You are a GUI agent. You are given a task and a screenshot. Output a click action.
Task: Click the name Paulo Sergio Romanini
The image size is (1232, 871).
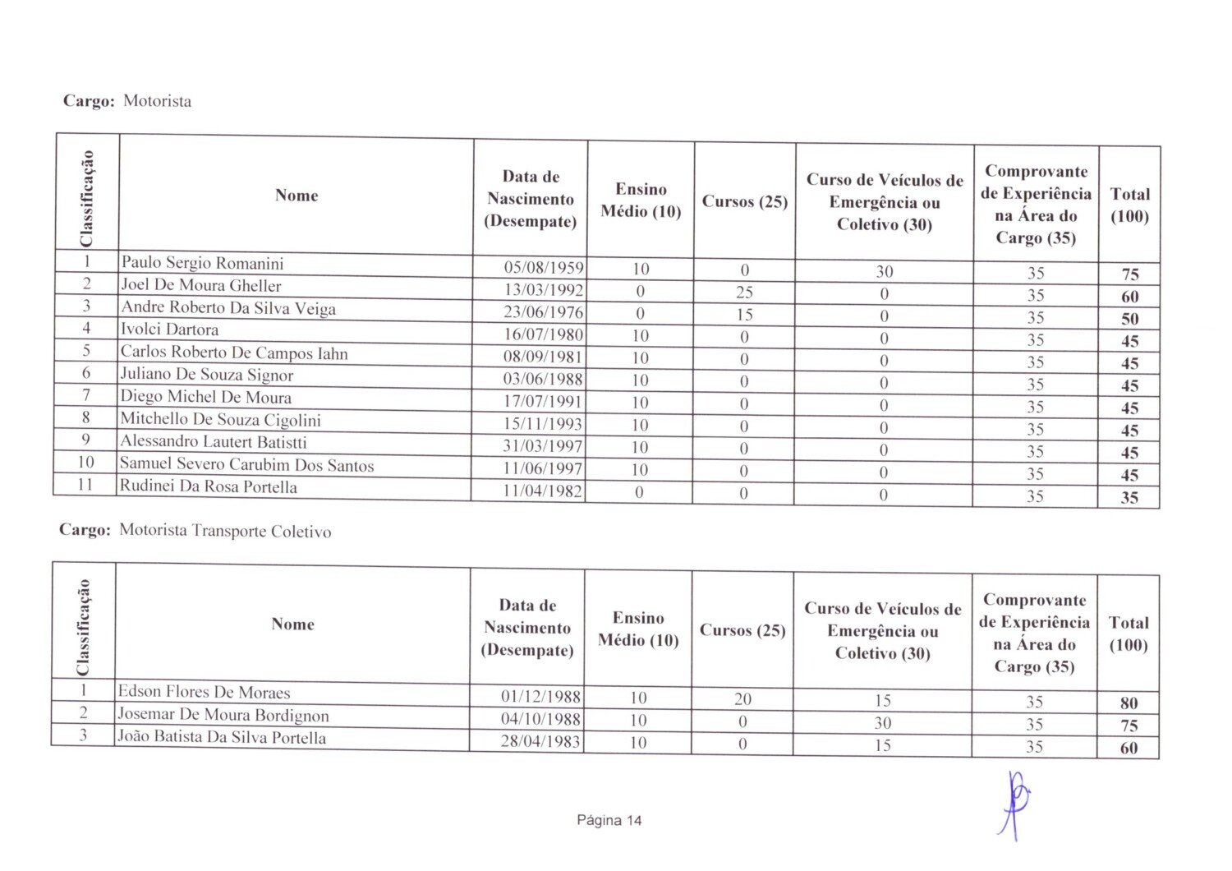click(202, 263)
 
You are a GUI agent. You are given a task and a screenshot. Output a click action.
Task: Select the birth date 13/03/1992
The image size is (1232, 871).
click(543, 290)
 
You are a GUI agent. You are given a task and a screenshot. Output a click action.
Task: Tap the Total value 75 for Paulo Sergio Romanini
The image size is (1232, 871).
click(1129, 274)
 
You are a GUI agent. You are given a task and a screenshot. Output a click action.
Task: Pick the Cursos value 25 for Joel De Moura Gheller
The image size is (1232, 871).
click(744, 292)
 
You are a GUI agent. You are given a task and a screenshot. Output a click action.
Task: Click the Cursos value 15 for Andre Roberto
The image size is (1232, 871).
click(744, 314)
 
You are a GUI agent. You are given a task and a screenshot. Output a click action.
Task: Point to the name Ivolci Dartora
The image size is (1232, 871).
click(169, 330)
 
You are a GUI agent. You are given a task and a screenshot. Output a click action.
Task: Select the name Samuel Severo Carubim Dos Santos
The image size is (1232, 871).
click(246, 465)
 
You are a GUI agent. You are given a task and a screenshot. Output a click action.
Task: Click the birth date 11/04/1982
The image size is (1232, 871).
click(542, 491)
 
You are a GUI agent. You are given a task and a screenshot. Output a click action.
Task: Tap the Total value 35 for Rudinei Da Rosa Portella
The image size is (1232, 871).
click(1129, 497)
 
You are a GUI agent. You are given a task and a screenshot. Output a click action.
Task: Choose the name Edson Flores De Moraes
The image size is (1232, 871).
click(204, 692)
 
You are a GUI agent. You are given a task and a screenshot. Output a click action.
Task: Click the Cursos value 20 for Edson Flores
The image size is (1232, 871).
click(742, 698)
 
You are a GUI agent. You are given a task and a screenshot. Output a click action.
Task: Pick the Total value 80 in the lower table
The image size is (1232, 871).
click(1129, 703)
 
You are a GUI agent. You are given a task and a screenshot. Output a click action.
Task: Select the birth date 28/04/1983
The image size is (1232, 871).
click(540, 741)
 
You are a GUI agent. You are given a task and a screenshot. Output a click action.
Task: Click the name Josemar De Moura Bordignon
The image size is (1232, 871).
click(223, 715)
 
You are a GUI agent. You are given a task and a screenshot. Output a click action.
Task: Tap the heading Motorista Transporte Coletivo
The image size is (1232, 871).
click(225, 531)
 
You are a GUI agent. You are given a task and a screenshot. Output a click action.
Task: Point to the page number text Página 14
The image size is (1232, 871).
click(609, 820)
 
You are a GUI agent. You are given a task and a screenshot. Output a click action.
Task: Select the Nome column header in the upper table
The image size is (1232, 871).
click(297, 196)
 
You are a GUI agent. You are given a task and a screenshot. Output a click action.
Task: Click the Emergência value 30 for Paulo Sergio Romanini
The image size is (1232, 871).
click(884, 271)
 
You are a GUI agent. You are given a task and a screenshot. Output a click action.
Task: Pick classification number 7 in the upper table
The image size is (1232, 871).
click(85, 394)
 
